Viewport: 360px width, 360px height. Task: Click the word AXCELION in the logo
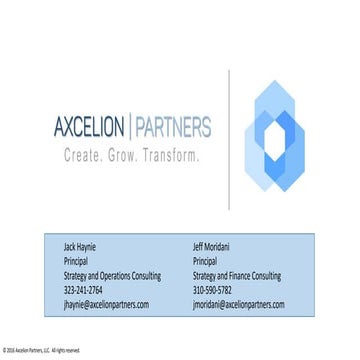pos(91,128)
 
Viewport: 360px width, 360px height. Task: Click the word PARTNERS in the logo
pos(172,128)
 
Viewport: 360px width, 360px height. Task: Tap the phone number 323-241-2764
pos(82,289)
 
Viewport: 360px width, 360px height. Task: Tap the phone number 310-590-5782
pos(212,289)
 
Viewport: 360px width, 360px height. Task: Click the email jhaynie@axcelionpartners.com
pos(105,303)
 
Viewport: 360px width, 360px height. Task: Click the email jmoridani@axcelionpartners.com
pos(239,303)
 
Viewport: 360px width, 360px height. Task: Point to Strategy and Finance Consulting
pos(236,275)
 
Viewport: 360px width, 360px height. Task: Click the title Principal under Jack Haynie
pos(74,260)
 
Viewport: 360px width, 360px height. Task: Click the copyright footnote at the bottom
pos(40,350)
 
